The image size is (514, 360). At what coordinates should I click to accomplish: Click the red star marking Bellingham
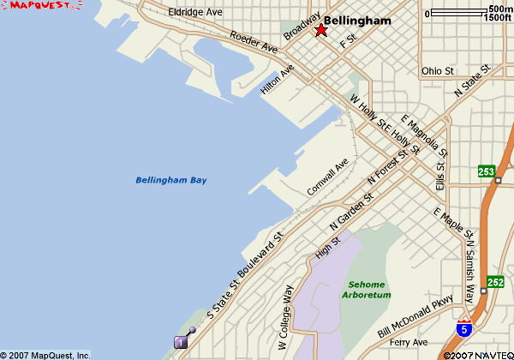pyautogui.click(x=320, y=31)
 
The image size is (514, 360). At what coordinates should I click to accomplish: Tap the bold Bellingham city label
pyautogui.click(x=357, y=21)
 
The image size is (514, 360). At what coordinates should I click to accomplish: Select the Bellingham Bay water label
pyautogui.click(x=171, y=180)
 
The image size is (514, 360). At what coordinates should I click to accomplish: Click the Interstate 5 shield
pyautogui.click(x=463, y=328)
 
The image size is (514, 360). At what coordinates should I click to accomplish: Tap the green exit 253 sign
pyautogui.click(x=487, y=172)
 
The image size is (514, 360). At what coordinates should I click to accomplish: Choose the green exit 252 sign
pyautogui.click(x=495, y=281)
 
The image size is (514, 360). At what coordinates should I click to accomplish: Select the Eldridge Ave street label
pyautogui.click(x=195, y=13)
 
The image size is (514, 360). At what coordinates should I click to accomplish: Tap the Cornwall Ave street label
pyautogui.click(x=329, y=176)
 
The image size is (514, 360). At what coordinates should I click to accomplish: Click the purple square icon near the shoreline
pyautogui.click(x=181, y=342)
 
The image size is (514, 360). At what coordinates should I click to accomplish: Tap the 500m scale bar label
pyautogui.click(x=500, y=9)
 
